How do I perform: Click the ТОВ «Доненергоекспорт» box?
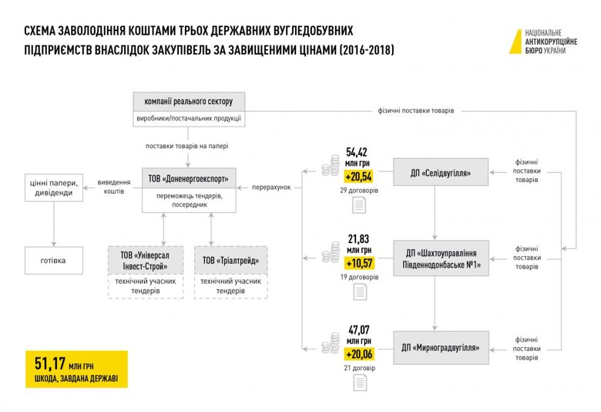click(x=189, y=190)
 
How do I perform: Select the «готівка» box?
click(x=54, y=260)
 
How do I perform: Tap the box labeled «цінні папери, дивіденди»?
click(x=54, y=187)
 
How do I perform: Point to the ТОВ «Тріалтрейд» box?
click(x=230, y=272)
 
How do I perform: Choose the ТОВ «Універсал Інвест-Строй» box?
click(x=146, y=272)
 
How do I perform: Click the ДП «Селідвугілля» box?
click(x=441, y=172)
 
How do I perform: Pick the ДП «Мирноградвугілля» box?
click(x=441, y=347)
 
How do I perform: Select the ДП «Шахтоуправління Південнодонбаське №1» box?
click(x=442, y=258)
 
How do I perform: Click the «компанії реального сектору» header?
click(x=189, y=101)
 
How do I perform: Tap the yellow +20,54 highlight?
click(x=359, y=177)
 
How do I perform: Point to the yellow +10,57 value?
click(x=359, y=263)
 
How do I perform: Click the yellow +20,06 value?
click(x=359, y=354)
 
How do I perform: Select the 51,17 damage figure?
click(x=50, y=363)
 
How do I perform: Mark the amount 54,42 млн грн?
click(x=357, y=157)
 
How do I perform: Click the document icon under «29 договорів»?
click(x=359, y=205)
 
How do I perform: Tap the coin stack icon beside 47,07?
click(x=331, y=343)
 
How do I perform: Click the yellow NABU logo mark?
click(x=516, y=42)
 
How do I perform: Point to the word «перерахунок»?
click(x=271, y=187)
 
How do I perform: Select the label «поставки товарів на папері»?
click(x=187, y=147)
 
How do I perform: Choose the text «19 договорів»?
click(x=360, y=277)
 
